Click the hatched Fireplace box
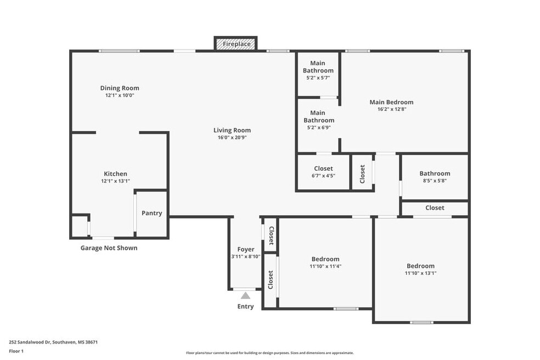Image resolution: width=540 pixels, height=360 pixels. point(235,44)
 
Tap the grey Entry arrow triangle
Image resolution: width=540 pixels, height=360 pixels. point(245,296)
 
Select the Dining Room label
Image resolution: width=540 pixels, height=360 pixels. point(120,88)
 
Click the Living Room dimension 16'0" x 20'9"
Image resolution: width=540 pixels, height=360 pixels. point(232,137)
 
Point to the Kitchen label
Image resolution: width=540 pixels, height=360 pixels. point(115,173)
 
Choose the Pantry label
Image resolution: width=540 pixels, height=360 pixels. point(152,213)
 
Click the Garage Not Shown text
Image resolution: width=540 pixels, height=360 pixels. point(109,248)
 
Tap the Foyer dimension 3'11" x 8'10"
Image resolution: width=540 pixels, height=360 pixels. point(245,257)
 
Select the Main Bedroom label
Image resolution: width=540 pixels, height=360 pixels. point(391,102)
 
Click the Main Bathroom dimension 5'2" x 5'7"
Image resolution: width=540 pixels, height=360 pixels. point(318,78)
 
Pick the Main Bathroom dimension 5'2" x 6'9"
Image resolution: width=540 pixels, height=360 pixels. point(318,127)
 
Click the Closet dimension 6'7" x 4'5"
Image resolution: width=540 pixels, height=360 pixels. point(323,176)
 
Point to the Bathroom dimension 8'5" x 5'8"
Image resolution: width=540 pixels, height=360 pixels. point(435,181)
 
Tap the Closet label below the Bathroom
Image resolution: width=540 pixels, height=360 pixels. point(435,208)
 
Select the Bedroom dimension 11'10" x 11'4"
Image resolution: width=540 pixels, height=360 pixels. point(325,266)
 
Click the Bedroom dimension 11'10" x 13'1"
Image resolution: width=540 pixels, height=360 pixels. point(420,273)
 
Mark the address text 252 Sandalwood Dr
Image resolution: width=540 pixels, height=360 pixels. point(30,342)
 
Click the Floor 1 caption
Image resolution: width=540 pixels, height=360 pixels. point(16,351)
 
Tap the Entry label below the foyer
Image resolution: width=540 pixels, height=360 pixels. point(245,306)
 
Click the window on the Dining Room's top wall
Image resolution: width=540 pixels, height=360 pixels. point(119,51)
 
